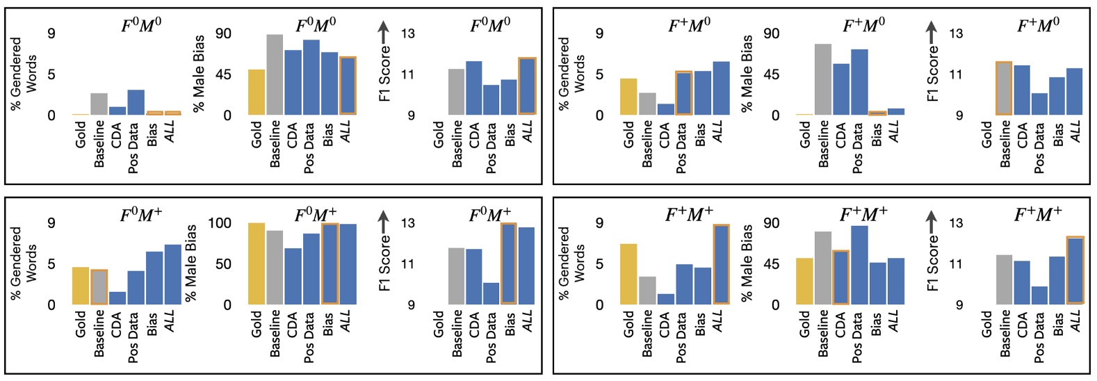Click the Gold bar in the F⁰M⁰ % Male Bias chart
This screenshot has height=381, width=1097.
pos(257,92)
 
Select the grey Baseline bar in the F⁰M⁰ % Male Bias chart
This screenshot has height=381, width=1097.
pos(275,74)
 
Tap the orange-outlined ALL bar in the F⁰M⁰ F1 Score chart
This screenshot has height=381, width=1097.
pos(528,86)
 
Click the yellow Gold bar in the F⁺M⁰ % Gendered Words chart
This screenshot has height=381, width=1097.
pos(628,97)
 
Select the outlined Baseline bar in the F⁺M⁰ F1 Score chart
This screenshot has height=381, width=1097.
pos(1004,88)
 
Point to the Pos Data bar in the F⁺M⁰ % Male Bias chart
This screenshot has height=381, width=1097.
pos(859,82)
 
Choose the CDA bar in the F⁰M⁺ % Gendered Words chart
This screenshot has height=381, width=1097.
pos(117,298)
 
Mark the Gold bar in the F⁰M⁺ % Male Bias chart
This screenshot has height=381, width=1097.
pos(257,264)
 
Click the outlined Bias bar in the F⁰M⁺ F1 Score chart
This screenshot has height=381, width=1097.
pos(509,264)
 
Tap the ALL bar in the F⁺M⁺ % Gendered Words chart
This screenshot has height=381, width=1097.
pos(721,264)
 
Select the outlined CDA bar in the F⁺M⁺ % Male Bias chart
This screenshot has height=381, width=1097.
pos(840,277)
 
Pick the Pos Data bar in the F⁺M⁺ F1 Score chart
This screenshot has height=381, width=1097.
pos(1039,295)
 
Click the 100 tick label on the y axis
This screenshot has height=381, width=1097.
pos(219,224)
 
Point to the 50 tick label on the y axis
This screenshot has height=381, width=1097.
pos(222,264)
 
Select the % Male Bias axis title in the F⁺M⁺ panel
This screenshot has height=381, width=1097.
pos(747,263)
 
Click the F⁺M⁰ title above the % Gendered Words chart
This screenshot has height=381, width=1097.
pos(689,26)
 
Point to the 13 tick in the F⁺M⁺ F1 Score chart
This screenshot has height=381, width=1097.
pos(957,224)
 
